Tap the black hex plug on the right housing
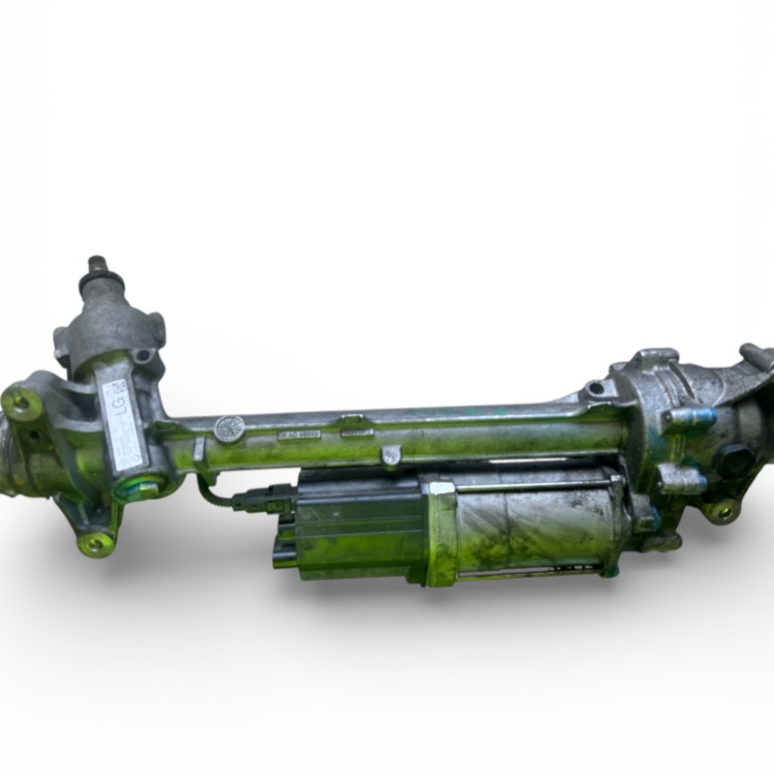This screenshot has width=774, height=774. pyautogui.click(x=732, y=459)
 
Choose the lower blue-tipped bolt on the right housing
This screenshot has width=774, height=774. pyautogui.click(x=679, y=477)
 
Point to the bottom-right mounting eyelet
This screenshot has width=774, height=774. pyautogui.click(x=721, y=510)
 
